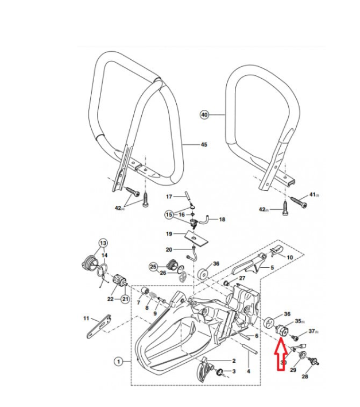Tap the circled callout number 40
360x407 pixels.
(204, 114)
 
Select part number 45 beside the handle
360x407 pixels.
(203, 145)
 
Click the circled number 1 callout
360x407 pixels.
(118, 362)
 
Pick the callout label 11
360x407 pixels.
(86, 318)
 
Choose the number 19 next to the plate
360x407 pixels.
(169, 234)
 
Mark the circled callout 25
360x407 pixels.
(153, 267)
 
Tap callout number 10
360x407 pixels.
(289, 257)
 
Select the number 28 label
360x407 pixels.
(304, 377)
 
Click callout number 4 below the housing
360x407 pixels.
(249, 371)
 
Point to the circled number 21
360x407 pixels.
(125, 298)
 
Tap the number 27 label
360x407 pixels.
(242, 278)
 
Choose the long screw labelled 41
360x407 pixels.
(297, 201)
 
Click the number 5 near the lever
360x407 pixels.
(272, 267)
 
